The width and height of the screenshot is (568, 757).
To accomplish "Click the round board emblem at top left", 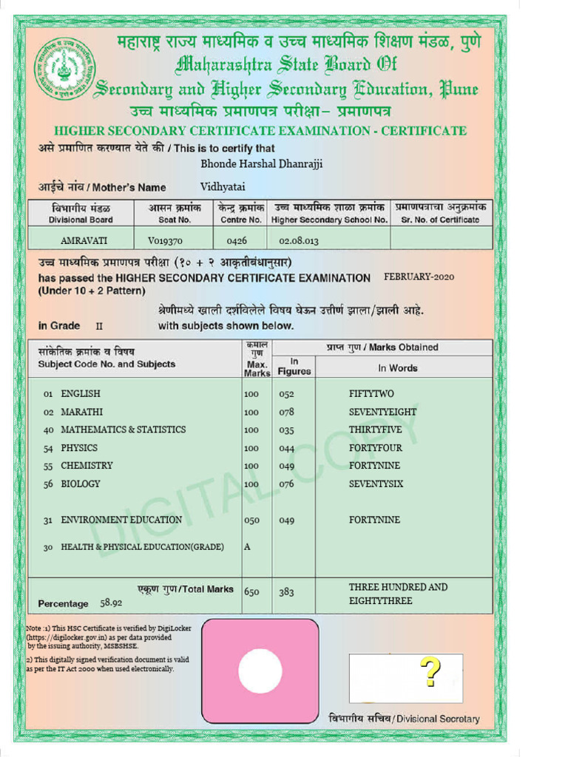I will point(64,69).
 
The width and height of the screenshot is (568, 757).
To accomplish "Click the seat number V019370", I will point(165,240).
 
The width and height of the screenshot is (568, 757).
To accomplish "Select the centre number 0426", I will point(237,240).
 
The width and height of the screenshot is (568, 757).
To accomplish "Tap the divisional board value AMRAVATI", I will point(84,240).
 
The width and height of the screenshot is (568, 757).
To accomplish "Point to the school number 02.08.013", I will point(299,240).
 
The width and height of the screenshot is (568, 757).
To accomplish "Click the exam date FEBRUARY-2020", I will point(419,277).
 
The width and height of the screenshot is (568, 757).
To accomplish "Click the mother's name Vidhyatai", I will point(223,187).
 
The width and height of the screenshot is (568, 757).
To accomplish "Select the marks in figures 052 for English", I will point(286,394).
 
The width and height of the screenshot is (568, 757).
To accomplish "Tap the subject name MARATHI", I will point(81,412).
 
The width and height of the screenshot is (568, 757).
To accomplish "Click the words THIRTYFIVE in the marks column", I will point(376,430).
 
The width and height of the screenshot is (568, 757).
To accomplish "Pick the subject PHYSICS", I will point(79,448).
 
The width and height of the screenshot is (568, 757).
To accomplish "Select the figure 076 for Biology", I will point(286,484).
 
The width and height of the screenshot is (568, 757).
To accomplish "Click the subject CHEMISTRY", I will point(87,466).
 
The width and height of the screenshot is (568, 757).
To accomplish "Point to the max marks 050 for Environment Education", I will point(251,520).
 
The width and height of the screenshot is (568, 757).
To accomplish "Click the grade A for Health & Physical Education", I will point(247,547).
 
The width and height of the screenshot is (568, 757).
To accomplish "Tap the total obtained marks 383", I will point(286,592).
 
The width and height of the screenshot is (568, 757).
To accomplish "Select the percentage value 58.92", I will point(112,603).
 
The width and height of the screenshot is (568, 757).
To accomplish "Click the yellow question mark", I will point(430,673).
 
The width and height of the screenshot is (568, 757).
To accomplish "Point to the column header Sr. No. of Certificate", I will point(440,220).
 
